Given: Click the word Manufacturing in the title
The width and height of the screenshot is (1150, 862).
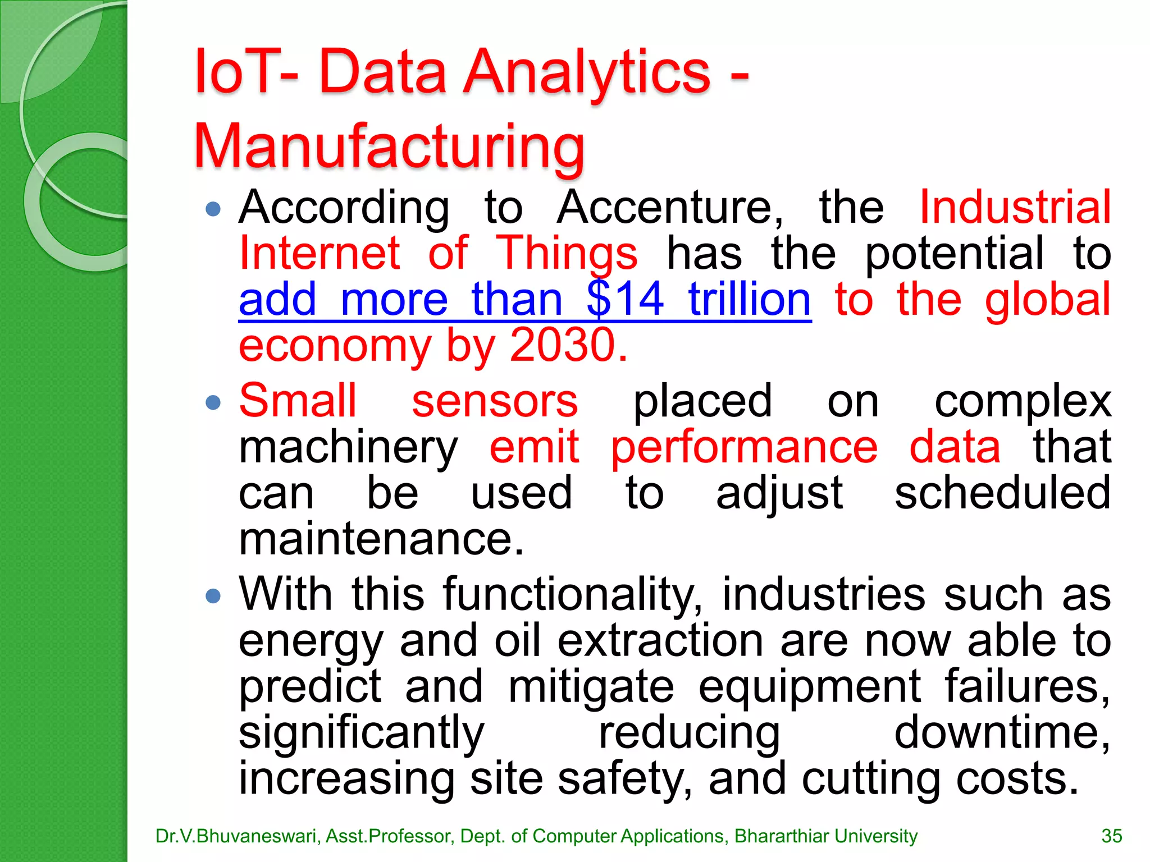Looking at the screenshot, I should click(389, 147).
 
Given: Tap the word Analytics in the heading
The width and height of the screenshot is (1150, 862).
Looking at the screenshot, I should click(587, 73).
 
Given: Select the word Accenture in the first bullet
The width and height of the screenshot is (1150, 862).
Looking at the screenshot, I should click(669, 208).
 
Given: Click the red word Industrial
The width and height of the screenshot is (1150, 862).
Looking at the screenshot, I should click(1015, 208).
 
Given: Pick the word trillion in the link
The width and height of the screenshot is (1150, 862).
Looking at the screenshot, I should click(750, 300).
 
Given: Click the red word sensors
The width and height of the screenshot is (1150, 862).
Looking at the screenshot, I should click(495, 401).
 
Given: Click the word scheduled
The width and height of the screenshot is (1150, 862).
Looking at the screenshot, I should click(1002, 493).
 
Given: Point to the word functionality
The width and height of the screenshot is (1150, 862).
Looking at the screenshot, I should click(570, 595).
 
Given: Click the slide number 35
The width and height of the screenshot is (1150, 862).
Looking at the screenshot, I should click(1111, 836).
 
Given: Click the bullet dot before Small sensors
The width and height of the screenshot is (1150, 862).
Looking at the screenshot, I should click(213, 402).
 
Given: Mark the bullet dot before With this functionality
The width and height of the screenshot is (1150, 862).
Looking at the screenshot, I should click(213, 595).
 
